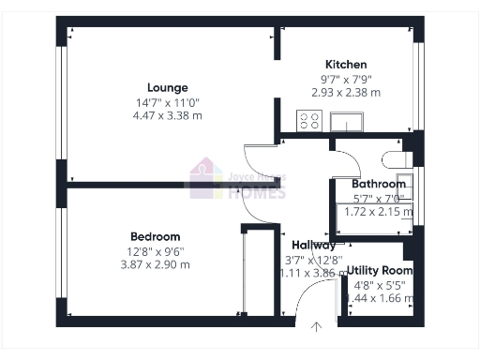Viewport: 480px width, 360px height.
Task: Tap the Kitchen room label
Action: (x=347, y=65)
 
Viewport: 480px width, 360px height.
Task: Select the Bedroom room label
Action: (x=156, y=237)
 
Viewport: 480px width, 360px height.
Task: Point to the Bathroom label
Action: (x=379, y=185)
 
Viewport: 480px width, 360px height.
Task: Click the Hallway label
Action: (x=313, y=246)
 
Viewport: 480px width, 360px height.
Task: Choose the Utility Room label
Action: (x=380, y=270)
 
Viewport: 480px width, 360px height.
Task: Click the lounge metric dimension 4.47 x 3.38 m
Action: (x=168, y=115)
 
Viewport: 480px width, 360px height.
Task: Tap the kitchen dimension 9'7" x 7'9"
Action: (x=346, y=80)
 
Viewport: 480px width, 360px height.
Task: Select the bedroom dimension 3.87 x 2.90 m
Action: (x=156, y=264)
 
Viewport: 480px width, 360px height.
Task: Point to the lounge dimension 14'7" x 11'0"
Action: (x=168, y=102)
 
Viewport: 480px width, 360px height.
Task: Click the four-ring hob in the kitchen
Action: (x=310, y=121)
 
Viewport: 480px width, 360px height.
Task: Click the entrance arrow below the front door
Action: (x=317, y=327)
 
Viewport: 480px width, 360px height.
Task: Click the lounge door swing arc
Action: (x=257, y=157)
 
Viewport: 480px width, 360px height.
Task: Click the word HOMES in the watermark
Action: (x=257, y=192)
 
